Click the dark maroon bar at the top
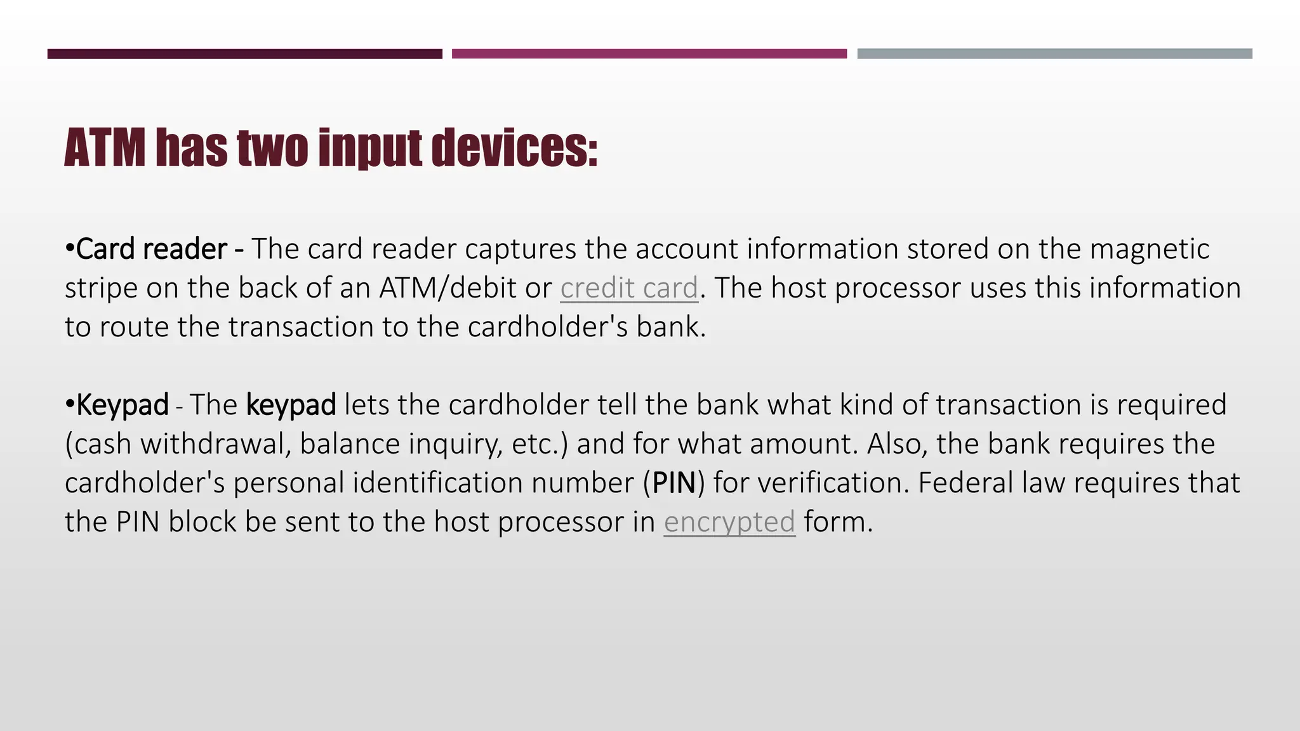244,54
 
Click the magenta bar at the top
649,54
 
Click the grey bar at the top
1054,54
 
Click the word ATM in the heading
105,148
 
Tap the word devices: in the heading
514,148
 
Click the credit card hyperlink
628,288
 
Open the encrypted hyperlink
729,522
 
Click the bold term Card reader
151,249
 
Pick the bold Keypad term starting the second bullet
123,405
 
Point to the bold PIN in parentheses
674,483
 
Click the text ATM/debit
448,288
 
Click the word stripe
100,289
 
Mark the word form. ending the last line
838,522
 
